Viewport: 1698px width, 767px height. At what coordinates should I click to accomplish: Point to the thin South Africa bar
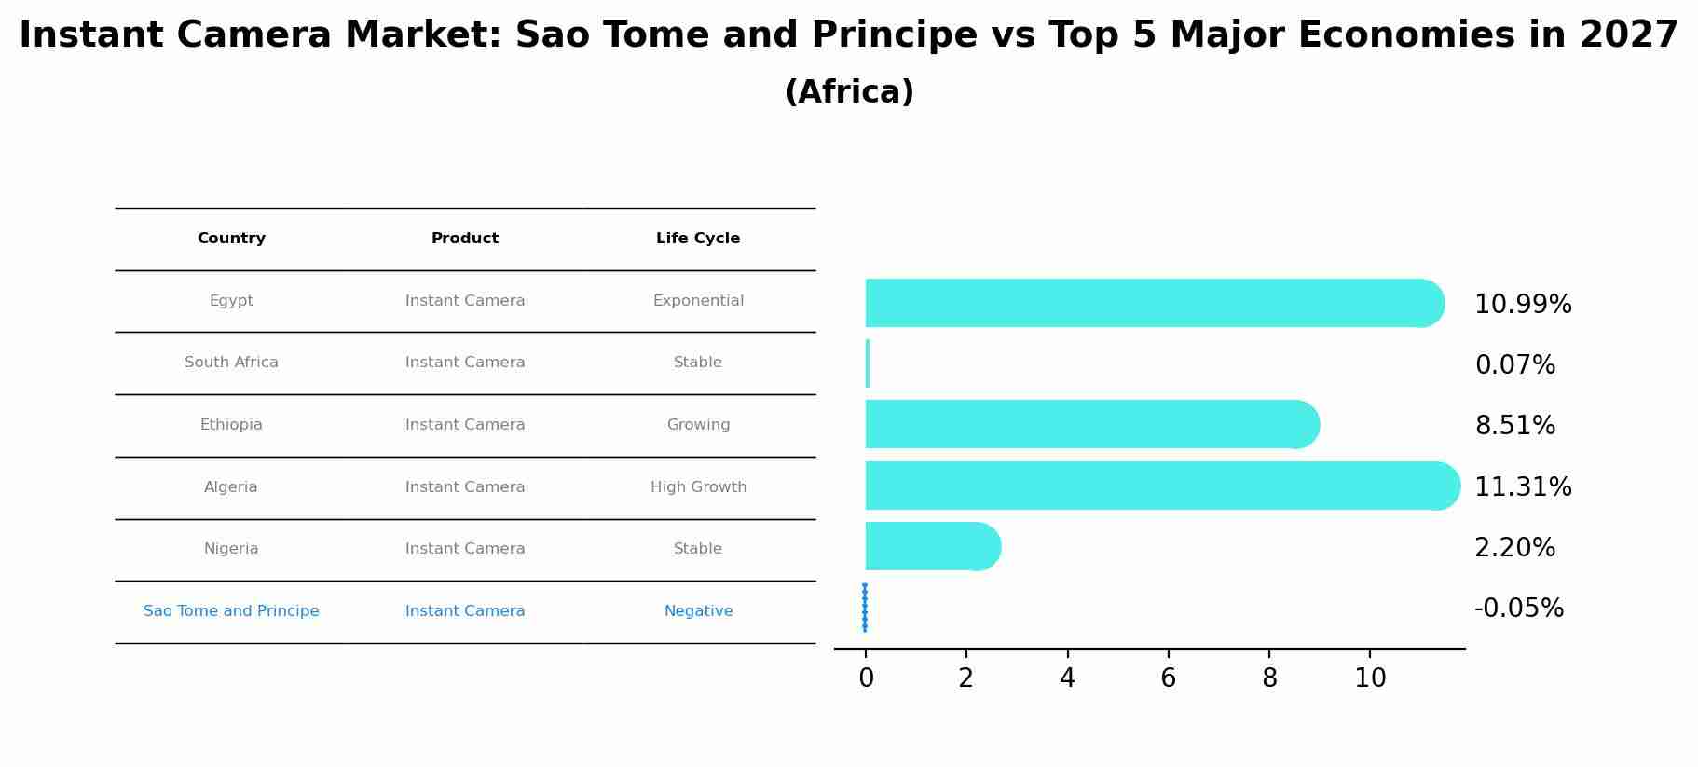868,363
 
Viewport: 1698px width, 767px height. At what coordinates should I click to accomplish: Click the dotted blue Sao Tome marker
865,608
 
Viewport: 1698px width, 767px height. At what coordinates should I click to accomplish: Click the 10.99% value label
1523,305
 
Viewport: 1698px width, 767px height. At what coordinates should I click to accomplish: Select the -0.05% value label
1518,609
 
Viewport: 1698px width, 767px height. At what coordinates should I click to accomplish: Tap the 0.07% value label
1514,365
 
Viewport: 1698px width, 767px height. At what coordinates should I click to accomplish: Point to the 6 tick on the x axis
1168,678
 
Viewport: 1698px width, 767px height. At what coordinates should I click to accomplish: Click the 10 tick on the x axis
1370,678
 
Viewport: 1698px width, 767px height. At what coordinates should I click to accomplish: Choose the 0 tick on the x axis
866,678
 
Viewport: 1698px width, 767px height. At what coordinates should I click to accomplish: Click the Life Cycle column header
698,239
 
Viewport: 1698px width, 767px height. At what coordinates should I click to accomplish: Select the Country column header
231,239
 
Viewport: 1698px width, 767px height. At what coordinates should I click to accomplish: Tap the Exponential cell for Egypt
698,301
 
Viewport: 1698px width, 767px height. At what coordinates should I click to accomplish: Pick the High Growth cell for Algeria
698,487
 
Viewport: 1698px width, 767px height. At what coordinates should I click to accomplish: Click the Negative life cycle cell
698,611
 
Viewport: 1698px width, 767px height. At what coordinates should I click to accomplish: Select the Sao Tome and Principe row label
231,611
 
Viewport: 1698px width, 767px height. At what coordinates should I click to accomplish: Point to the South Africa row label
231,363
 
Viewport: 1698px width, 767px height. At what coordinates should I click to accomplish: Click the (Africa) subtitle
849,92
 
